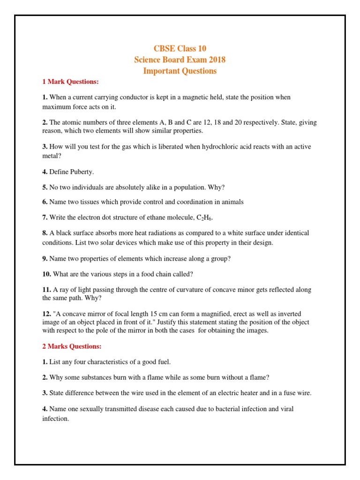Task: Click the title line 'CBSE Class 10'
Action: tap(180, 49)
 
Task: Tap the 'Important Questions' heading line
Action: tap(180, 71)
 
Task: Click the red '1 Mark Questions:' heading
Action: tap(70, 82)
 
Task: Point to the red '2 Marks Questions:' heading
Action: tap(72, 346)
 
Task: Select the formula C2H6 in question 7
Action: tap(207, 217)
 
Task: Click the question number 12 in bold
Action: tap(47, 314)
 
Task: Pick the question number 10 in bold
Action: tap(47, 274)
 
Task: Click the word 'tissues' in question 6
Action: tap(81, 202)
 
